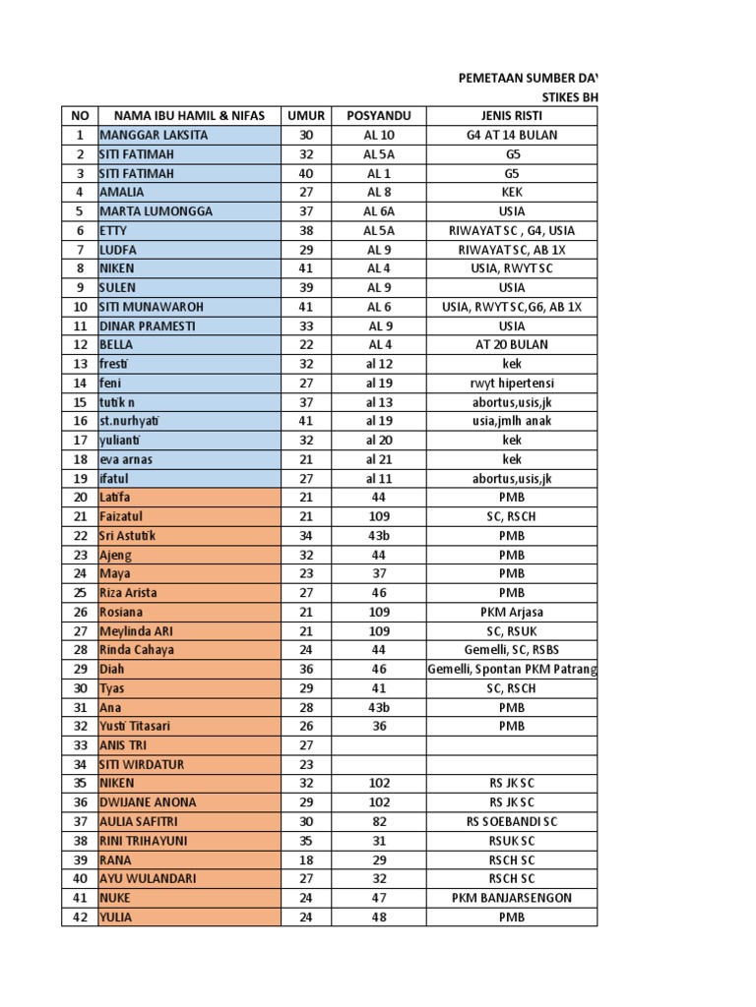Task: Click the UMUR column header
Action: [305, 116]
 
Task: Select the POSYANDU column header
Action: [379, 116]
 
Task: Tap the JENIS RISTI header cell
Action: [512, 116]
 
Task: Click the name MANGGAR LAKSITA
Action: [154, 135]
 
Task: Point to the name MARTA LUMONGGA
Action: [156, 211]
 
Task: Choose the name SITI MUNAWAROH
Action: [156, 307]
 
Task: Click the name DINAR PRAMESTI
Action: [148, 326]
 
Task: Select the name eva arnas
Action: [126, 459]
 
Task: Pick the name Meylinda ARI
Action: [136, 631]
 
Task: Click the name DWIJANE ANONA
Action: [148, 802]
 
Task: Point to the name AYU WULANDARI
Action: [149, 879]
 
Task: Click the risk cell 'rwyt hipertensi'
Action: [512, 384]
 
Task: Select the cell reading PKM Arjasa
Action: [512, 612]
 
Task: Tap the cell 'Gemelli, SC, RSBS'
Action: [512, 650]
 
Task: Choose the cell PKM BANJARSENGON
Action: [512, 898]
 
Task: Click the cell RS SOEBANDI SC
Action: [512, 822]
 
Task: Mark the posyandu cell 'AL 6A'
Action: [379, 211]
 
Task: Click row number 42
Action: [80, 918]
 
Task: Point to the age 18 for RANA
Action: [305, 859]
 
